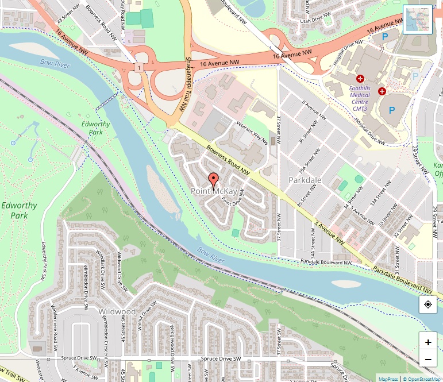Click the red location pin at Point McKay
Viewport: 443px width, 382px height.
pyautogui.click(x=213, y=180)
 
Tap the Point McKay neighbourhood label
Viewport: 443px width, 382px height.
pyautogui.click(x=214, y=191)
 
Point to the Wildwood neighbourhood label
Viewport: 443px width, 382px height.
pyautogui.click(x=117, y=311)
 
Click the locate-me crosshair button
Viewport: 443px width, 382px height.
pyautogui.click(x=428, y=304)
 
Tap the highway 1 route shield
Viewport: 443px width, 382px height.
pyautogui.click(x=139, y=68)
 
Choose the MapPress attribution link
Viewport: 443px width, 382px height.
pyautogui.click(x=388, y=379)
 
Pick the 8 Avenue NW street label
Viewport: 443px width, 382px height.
pyautogui.click(x=314, y=109)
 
